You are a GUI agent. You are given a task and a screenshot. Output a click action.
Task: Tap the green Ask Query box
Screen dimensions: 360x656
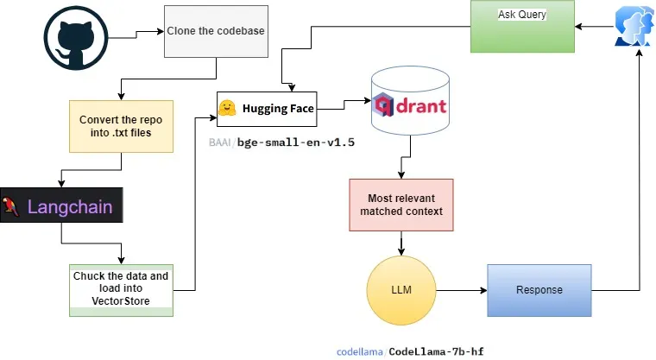click(x=523, y=26)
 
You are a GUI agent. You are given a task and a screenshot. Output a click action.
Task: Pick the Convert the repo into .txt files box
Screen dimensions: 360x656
click(x=121, y=124)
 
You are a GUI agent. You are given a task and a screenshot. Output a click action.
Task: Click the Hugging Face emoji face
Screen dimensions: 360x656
click(x=227, y=109)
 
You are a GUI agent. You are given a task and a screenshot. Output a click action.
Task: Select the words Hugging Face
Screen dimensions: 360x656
click(x=278, y=109)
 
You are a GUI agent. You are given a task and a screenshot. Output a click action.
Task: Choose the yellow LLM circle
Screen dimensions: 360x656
click(x=401, y=288)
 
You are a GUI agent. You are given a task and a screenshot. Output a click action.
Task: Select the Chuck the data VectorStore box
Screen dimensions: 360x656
click(x=121, y=288)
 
